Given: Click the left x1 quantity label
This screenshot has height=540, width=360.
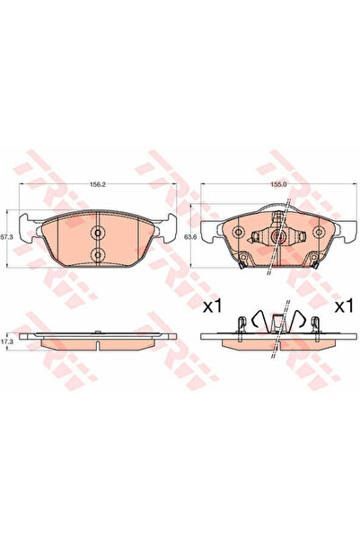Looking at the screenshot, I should [212, 307].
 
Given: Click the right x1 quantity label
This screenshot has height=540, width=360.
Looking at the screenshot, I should [343, 307].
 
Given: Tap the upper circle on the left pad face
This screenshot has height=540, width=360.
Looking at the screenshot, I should [98, 232].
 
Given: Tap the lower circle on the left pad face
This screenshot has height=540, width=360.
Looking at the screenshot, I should [98, 256].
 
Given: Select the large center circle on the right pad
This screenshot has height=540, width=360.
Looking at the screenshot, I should [278, 239].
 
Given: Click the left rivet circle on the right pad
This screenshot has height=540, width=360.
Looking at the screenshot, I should [239, 232].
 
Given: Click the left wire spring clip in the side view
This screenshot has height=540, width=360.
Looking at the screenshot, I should [257, 319].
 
